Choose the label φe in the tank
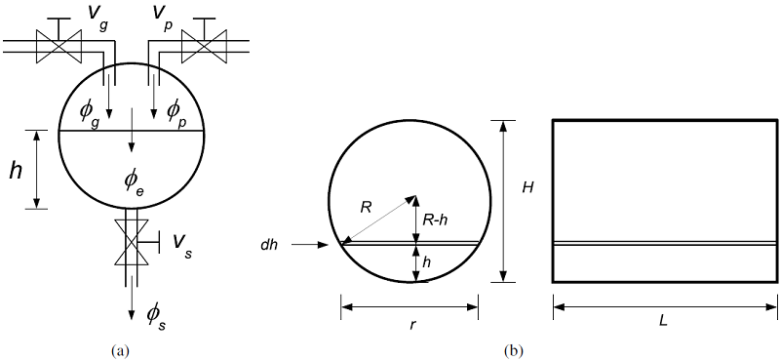(x=133, y=180)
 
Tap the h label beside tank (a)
(x=16, y=171)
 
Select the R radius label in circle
(x=366, y=208)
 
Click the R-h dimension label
(x=436, y=221)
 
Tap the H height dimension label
(x=526, y=186)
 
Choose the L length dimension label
(x=665, y=322)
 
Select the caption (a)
(x=121, y=349)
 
